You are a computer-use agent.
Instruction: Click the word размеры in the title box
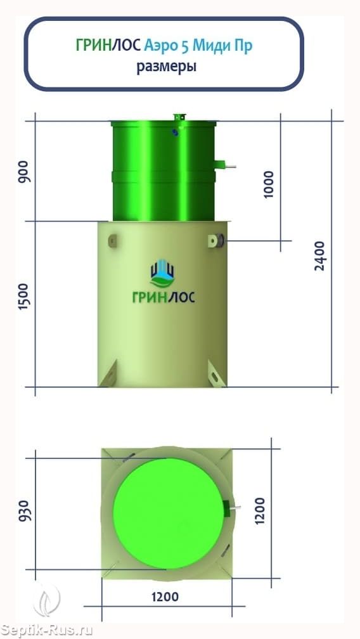tap(166, 67)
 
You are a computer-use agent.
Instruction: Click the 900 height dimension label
tap(24, 172)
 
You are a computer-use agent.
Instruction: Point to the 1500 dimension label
tap(24, 297)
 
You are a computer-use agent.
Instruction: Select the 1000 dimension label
tap(269, 184)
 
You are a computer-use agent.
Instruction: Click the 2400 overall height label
tap(321, 256)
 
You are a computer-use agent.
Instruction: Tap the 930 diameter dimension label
tap(25, 510)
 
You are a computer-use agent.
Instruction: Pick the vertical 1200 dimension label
tap(260, 511)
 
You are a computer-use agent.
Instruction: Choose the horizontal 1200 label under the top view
tap(165, 597)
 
